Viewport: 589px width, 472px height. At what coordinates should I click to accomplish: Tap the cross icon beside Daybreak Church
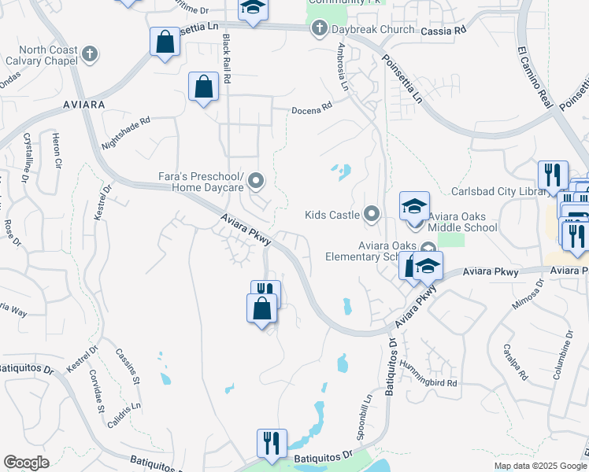(x=319, y=30)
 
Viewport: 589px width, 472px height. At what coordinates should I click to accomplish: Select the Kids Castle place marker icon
(x=372, y=214)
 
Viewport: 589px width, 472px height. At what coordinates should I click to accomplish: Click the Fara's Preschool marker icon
(x=256, y=183)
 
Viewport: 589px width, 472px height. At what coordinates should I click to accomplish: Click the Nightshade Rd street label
(x=126, y=134)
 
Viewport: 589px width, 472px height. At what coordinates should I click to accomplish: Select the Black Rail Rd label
(x=228, y=60)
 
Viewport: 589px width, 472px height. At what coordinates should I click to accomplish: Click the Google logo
(x=26, y=463)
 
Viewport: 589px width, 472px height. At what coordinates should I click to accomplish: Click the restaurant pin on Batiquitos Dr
(x=272, y=441)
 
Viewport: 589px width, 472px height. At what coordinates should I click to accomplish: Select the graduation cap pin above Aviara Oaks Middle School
(x=414, y=205)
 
